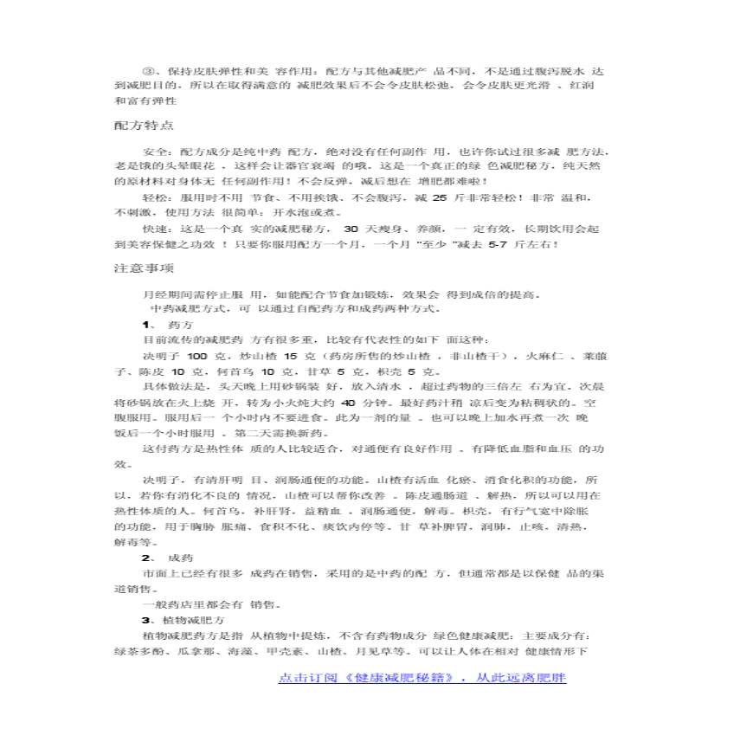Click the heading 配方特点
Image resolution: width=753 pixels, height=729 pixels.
coord(145,125)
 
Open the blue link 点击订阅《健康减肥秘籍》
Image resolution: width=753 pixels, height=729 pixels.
coord(422,678)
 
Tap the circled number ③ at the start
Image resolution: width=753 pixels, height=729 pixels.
coord(146,70)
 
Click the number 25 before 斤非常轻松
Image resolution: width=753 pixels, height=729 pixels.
coord(438,198)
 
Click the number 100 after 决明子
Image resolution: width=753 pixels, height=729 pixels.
coord(196,356)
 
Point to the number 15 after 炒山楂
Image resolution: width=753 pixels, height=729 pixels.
coord(291,356)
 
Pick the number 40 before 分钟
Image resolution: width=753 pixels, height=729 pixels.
coord(349,403)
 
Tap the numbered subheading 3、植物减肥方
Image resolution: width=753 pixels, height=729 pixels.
coord(182,621)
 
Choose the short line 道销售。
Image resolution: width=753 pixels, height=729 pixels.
coord(136,589)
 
